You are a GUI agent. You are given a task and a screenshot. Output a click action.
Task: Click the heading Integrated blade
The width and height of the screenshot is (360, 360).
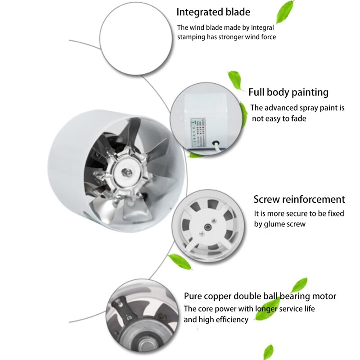coord(213,12)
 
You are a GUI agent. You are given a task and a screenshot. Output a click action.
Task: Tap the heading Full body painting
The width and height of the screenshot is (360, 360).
coord(288,92)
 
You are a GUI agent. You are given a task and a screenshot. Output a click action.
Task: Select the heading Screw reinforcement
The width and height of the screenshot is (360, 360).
coord(299,199)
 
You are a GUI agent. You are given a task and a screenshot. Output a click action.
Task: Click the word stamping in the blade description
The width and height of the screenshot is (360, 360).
coord(192,37)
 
